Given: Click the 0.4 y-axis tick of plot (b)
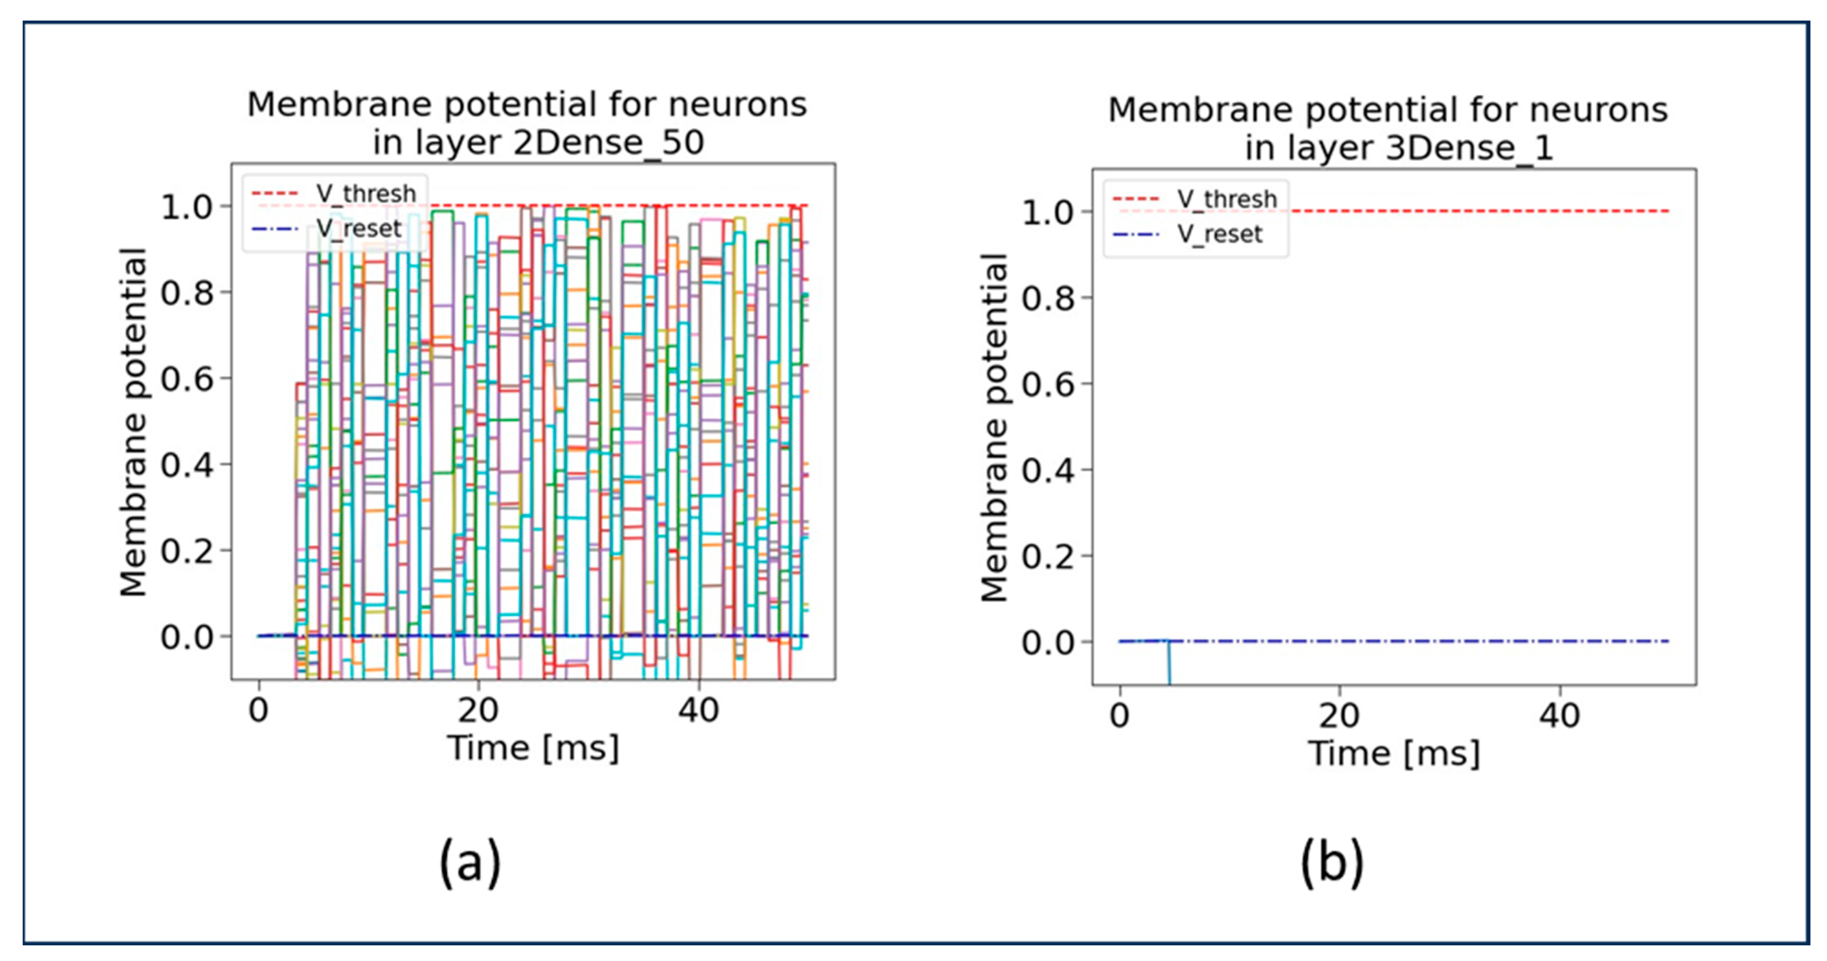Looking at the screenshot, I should click(1048, 470).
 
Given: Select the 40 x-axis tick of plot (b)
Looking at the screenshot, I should click(1560, 716).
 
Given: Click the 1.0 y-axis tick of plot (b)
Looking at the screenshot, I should click(1048, 212).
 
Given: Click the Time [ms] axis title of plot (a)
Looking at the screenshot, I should click(533, 748).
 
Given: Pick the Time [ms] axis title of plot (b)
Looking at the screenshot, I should click(1394, 753).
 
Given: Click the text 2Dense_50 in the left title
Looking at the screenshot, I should click(608, 142).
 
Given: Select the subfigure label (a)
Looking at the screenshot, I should click(470, 862).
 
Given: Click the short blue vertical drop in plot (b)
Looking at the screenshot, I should click(1169, 663).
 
